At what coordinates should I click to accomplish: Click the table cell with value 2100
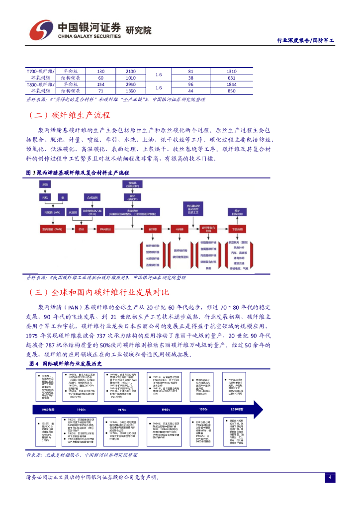click(131, 72)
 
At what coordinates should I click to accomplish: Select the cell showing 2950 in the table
click(131, 85)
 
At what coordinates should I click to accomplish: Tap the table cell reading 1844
click(231, 85)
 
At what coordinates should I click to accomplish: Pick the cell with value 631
click(231, 78)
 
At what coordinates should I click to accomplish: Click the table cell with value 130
click(100, 72)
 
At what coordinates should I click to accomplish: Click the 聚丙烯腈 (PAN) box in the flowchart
click(51, 229)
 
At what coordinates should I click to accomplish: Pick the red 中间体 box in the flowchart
click(179, 229)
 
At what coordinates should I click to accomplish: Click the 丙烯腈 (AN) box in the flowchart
click(51, 212)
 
